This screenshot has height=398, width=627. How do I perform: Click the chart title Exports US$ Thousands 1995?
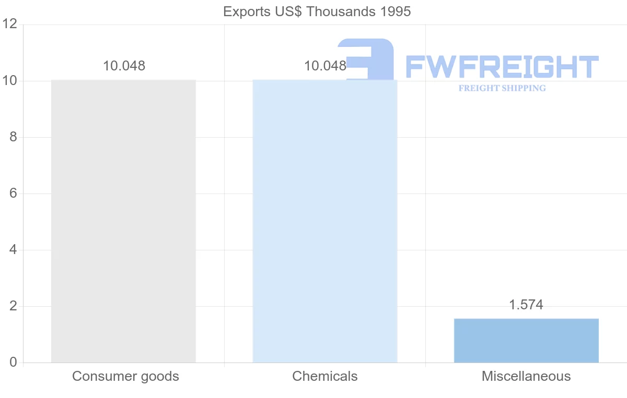317,11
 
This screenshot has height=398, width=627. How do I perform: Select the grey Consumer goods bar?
123,221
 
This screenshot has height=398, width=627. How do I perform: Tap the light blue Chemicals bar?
325,221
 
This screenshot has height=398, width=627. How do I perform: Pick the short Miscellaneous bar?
526,340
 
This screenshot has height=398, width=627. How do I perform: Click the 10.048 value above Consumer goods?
124,66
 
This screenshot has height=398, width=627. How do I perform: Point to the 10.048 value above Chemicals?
325,66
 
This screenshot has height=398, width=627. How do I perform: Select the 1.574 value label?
526,305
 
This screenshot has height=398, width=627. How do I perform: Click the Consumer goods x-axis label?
125,376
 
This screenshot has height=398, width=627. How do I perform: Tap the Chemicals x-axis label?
325,376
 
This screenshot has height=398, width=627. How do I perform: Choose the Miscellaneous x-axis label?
526,376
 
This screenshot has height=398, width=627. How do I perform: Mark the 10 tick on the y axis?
10,81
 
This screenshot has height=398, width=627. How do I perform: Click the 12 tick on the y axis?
10,25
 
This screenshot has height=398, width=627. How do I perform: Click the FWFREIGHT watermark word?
502,67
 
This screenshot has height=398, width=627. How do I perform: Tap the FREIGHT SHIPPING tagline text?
502,88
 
